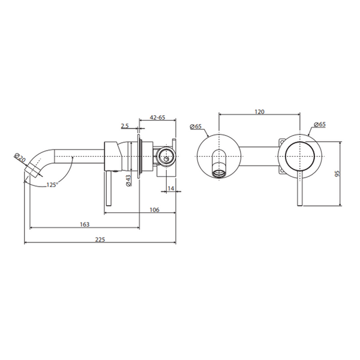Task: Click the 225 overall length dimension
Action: coord(100,239)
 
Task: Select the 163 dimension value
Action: coord(85,224)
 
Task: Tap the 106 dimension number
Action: coord(155,209)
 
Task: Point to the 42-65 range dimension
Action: coord(157,118)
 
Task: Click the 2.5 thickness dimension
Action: coord(125,125)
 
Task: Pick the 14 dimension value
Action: coord(171,188)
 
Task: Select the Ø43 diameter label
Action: coord(128,180)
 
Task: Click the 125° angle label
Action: coord(52,185)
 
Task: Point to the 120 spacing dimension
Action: coord(259,112)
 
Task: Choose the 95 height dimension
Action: coord(337,173)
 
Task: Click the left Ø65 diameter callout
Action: coord(196,126)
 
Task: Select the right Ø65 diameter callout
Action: coord(320,124)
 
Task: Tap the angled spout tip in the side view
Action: coord(34,170)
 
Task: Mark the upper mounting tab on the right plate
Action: coord(282,142)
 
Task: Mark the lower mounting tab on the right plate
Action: coord(282,171)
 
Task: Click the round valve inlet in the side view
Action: coord(166,157)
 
